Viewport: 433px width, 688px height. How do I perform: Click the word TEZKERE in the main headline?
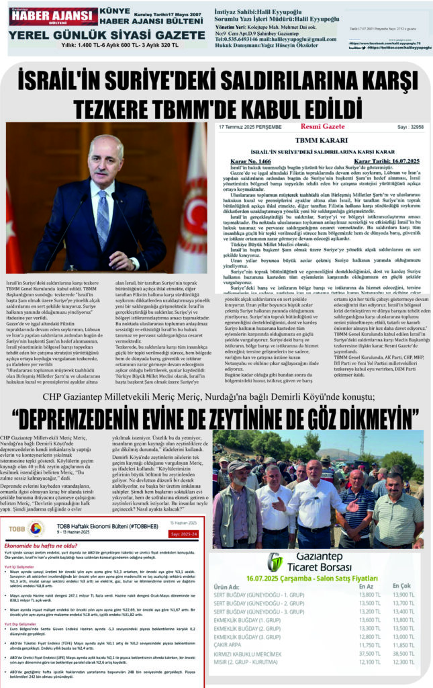tap(127, 107)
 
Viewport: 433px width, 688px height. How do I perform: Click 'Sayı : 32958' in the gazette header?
tap(408, 127)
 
